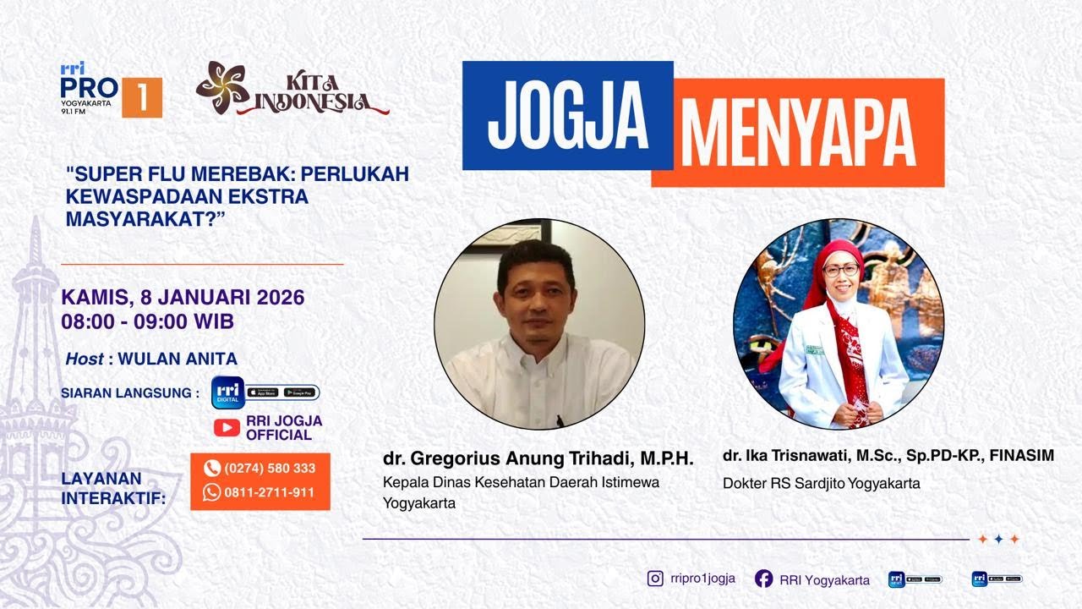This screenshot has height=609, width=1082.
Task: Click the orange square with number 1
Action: (141, 97)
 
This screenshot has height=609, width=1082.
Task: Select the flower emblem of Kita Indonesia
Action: (222, 87)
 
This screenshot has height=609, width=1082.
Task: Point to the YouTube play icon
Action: (227, 427)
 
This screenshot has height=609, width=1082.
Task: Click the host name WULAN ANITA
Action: (178, 359)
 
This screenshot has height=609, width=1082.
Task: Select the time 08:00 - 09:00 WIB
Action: (147, 321)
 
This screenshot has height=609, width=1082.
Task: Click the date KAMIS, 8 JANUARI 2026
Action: (183, 298)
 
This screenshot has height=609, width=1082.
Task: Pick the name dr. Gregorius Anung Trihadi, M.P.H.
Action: (538, 458)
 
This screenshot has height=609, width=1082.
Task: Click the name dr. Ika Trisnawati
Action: (783, 456)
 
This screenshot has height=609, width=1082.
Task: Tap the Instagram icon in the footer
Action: (655, 579)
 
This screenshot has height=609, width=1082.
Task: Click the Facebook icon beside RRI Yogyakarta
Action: (763, 579)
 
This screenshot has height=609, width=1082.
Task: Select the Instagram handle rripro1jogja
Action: (702, 579)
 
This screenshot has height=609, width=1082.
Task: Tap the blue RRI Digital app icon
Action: (227, 392)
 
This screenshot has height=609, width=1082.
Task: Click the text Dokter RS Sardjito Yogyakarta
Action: (821, 484)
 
